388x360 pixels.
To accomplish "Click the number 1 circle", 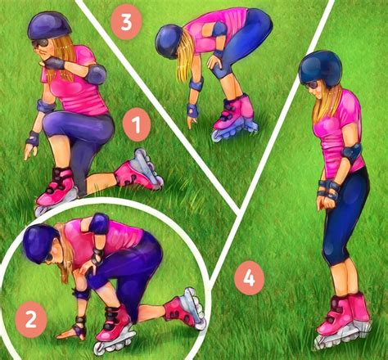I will (136, 125).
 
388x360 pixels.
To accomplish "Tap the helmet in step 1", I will (49, 26).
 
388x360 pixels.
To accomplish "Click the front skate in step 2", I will (115, 326).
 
